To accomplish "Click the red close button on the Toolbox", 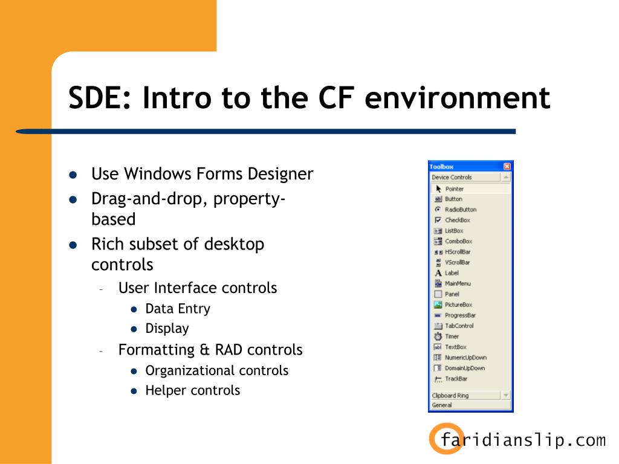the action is [507, 166].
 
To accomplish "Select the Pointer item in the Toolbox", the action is [454, 188].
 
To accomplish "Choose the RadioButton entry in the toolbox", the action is [460, 210].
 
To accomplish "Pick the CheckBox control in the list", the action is [457, 220].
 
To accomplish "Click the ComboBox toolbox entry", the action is [458, 241].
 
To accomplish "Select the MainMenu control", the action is [458, 283].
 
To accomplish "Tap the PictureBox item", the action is [458, 304].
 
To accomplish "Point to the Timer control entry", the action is [452, 336].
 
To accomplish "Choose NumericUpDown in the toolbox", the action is [465, 357].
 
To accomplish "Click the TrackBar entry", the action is [456, 379].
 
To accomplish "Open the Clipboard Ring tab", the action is [450, 395].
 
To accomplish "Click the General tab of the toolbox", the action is [442, 405].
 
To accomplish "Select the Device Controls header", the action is [452, 177].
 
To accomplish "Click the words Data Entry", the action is [178, 309].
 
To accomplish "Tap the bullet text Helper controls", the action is [192, 390].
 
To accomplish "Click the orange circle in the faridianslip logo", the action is [446, 438].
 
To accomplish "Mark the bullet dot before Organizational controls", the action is [134, 371].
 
